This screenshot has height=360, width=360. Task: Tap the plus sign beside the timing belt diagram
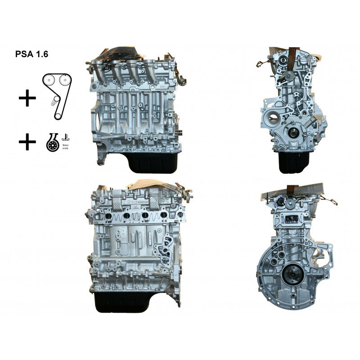27,98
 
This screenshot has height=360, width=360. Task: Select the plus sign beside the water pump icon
27,143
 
